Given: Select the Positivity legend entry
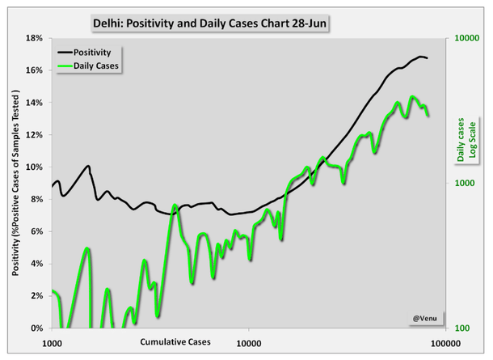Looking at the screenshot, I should point(86,52).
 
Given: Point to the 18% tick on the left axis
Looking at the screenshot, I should point(35,38).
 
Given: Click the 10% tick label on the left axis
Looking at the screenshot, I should point(35,167).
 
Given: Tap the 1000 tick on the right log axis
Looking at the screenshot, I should point(464,184).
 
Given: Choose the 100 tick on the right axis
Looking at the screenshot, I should point(461,328).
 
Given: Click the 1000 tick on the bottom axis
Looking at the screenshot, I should point(53,343).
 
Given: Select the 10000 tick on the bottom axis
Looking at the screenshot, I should point(248,343).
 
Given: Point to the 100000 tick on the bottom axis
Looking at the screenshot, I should point(443,343).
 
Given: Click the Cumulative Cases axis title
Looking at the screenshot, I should point(175,341).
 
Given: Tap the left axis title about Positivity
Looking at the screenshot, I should point(15,184).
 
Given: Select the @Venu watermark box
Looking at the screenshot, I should point(425,318).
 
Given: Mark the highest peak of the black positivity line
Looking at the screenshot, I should point(421,57).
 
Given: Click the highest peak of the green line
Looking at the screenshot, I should point(412,97).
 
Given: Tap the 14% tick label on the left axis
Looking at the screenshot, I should point(35,103).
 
